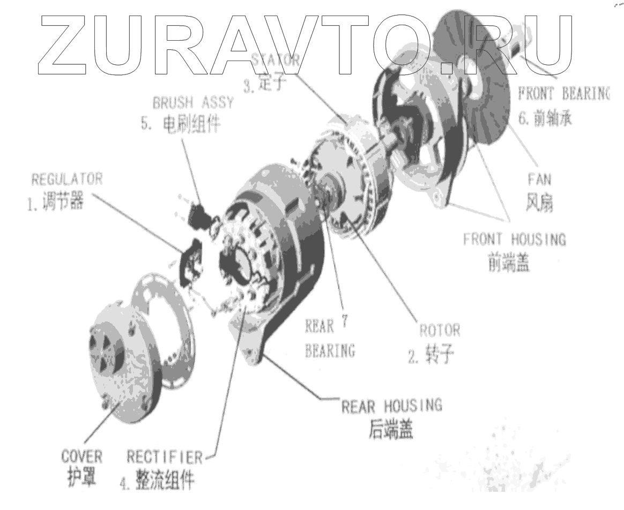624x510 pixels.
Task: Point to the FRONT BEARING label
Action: [x=563, y=94]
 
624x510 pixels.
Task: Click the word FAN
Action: [x=538, y=178]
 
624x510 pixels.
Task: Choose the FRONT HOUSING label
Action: [x=514, y=239]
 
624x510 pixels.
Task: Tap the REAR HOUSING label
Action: [x=392, y=406]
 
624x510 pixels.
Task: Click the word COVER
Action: [x=81, y=457]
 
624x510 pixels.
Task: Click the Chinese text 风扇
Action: [x=538, y=203]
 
